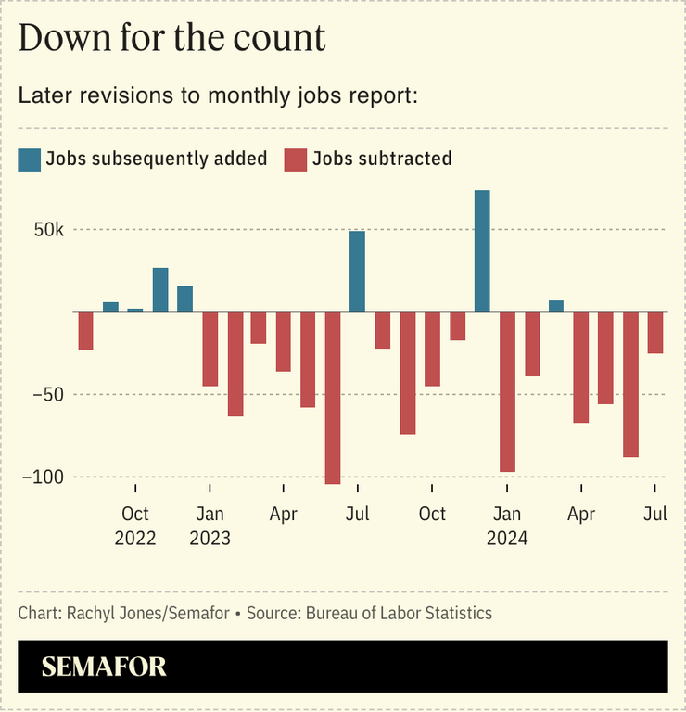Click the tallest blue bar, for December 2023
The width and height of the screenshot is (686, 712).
point(482,251)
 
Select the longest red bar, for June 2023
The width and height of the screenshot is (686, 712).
point(333,398)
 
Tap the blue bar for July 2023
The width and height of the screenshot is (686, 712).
point(357,272)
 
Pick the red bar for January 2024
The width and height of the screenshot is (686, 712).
point(506,392)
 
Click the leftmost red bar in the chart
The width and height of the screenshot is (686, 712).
point(85,331)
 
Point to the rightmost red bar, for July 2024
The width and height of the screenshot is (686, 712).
point(655,333)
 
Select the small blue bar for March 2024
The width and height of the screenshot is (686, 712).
point(556,306)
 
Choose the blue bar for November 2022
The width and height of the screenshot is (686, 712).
point(160,290)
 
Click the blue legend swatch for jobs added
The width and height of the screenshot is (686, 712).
point(30,159)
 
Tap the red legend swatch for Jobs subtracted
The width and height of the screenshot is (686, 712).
point(296,159)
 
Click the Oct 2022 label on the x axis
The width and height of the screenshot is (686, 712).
point(135,526)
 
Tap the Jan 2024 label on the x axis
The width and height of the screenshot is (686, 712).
point(506,526)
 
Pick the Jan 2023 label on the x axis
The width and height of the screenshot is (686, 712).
point(210,526)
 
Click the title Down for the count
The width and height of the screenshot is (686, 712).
point(172,38)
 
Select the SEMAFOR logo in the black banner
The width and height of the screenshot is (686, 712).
point(104,666)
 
